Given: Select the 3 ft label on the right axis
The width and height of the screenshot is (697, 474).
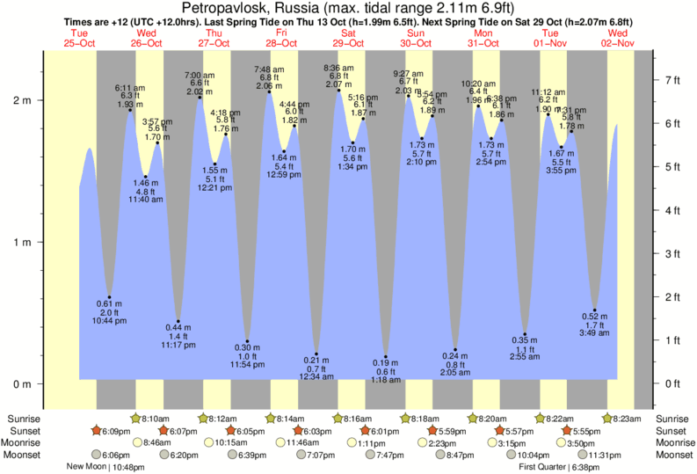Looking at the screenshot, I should [673, 253].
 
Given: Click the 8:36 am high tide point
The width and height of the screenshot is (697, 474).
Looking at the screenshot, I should [338, 91].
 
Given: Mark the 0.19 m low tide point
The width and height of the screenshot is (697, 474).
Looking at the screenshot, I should [385, 357].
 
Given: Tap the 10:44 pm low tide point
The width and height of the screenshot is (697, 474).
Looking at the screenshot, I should [109, 297].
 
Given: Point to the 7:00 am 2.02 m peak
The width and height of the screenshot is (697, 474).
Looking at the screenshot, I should [200, 98].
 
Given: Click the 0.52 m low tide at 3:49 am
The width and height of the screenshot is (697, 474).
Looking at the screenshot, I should [595, 310].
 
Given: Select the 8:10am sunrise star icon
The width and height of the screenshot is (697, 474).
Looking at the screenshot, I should [135, 419].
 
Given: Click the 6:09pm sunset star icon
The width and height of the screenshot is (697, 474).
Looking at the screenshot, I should [97, 431].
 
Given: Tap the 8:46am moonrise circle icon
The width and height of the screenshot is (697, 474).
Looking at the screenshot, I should [137, 442].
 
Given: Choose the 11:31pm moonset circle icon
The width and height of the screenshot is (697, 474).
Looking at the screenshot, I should [582, 455].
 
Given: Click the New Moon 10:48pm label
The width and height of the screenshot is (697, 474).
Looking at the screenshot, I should [105, 467].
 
